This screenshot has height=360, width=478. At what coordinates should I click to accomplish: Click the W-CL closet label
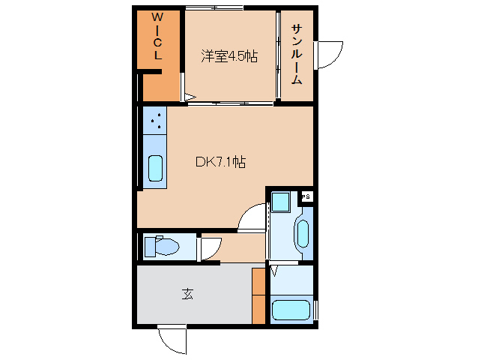tap(157, 37)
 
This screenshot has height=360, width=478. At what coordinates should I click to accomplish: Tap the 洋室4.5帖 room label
tap(229, 56)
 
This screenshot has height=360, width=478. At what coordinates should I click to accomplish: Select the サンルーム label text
tap(297, 54)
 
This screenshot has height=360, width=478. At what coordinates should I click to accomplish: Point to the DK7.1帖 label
tap(221, 161)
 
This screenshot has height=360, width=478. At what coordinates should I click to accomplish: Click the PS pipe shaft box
tap(306, 196)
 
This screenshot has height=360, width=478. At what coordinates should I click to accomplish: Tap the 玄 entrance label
tap(187, 294)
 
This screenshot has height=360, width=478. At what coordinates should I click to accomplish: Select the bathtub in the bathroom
tap(291, 310)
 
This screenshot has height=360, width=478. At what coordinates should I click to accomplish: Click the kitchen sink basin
tap(155, 168)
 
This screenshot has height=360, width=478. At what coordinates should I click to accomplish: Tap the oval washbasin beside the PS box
tap(302, 232)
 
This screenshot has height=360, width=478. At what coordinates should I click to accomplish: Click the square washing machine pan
tap(280, 202)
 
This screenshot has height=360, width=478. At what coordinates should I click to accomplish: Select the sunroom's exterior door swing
tap(327, 53)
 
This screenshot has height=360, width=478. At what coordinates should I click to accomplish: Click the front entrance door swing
tap(172, 339)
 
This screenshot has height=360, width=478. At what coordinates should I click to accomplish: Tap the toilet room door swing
tap(209, 247)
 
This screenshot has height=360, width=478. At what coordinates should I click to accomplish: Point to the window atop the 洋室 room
tap(214, 8)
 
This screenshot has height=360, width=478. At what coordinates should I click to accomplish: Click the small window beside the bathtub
tap(316, 309)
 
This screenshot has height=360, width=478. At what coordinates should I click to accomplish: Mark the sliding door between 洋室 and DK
tap(231, 103)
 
